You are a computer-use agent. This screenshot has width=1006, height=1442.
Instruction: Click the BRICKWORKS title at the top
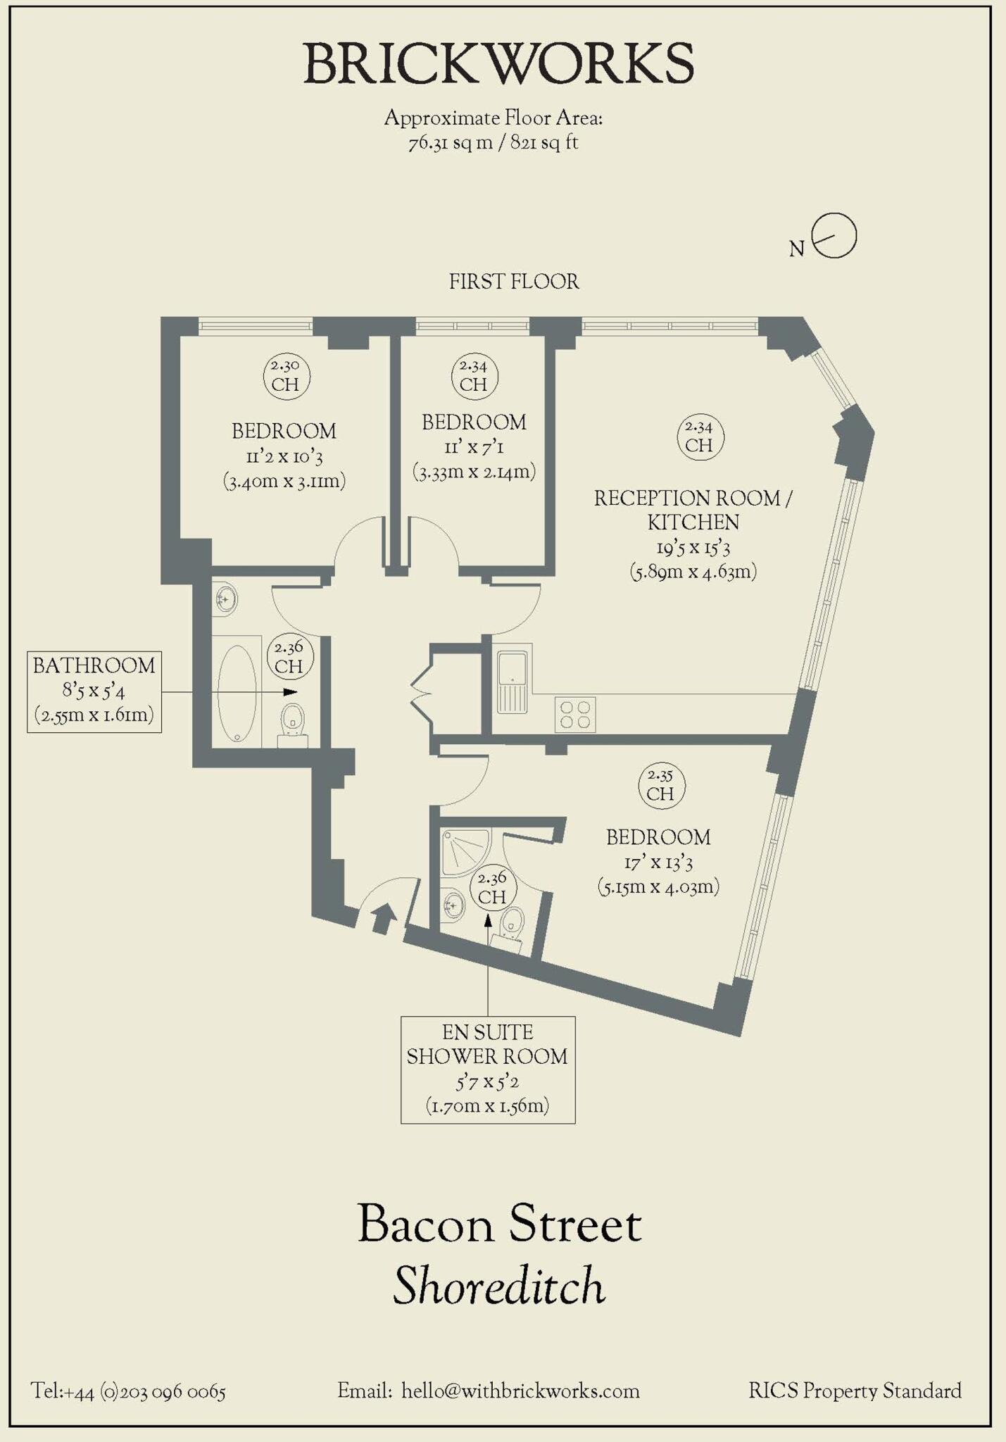[x=498, y=63]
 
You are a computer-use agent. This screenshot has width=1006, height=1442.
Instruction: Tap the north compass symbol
[x=833, y=236]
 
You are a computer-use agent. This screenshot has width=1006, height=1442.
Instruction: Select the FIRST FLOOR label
[x=514, y=282]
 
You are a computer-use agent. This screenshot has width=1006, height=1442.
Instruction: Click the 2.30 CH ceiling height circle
[x=286, y=376]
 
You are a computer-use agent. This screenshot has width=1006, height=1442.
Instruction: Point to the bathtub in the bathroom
[x=237, y=693]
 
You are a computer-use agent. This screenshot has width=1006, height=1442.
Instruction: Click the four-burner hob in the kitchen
[x=575, y=714]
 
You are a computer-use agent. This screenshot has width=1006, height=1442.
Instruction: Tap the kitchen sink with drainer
[x=513, y=682]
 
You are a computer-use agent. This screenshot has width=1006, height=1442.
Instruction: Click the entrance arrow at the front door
[x=383, y=918]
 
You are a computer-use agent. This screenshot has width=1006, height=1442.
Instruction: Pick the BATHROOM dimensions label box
[x=94, y=691]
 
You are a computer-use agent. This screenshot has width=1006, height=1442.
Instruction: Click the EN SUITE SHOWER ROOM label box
[x=488, y=1069]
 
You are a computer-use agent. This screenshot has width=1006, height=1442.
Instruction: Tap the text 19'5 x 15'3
[x=693, y=547]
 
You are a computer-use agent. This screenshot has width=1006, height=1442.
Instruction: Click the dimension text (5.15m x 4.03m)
[x=658, y=886]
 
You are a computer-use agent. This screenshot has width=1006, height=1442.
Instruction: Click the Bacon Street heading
[x=499, y=1224]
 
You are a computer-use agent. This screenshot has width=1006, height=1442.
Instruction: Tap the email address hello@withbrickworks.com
[x=520, y=1391]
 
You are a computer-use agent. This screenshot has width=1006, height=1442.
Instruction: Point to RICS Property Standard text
[x=855, y=1391]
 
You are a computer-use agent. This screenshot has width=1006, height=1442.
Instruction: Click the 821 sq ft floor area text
[x=544, y=143]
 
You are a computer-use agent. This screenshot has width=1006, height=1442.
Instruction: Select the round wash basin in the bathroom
[x=226, y=600]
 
